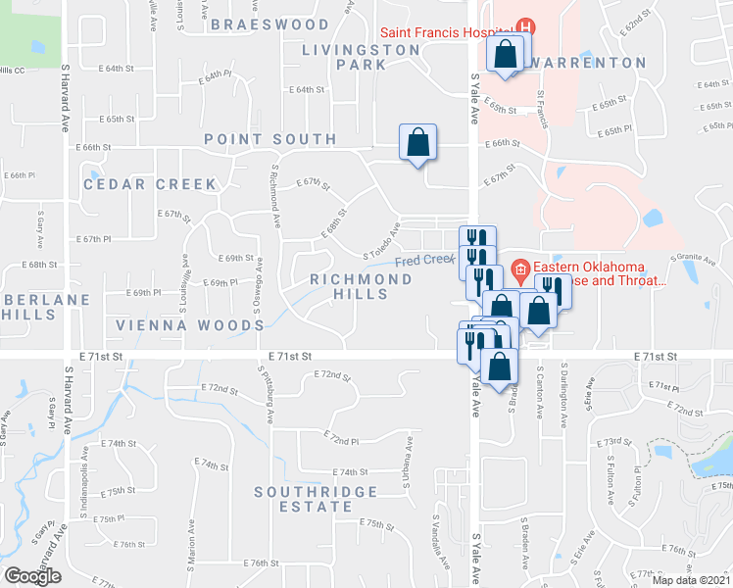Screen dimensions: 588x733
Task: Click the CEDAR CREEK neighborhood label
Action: pyautogui.click(x=136, y=184)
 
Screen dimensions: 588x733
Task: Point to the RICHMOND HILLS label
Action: pyautogui.click(x=361, y=287)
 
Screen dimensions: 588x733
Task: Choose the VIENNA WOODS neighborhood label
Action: pyautogui.click(x=177, y=324)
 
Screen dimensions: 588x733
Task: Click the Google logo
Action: pyautogui.click(x=32, y=576)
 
